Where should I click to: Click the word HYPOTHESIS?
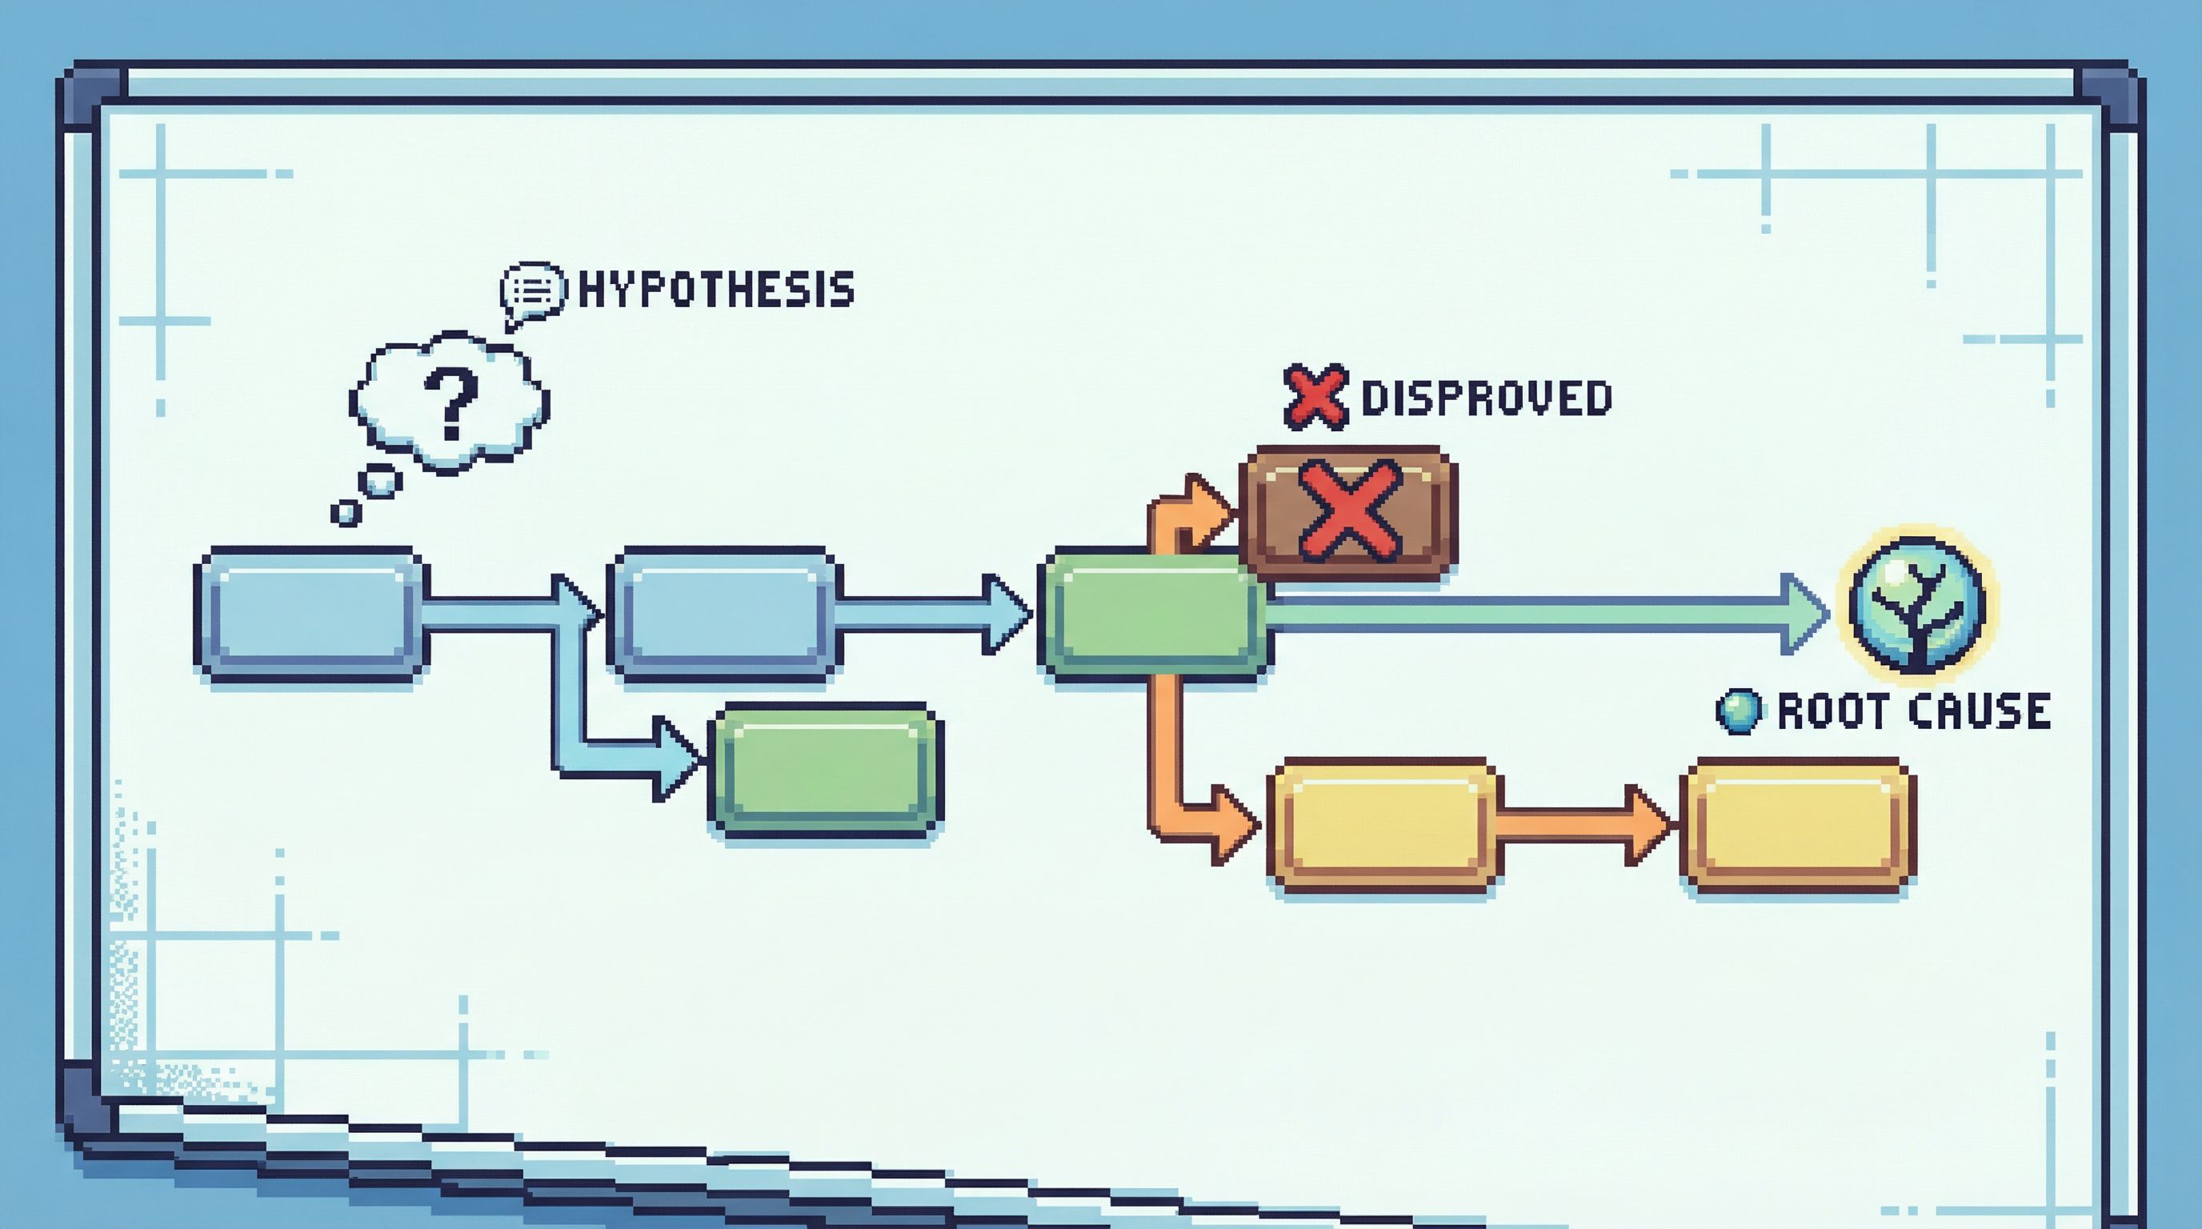pos(716,290)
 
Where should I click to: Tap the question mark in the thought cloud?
pos(450,404)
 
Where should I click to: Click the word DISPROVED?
pos(1486,398)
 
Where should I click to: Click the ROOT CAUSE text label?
pos(1914,711)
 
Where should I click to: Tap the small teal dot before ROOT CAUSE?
pos(1739,711)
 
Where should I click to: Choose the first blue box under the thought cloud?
pos(311,614)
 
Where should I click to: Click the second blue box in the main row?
pos(724,614)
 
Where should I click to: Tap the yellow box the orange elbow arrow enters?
pos(1385,826)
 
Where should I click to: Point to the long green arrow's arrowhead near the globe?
pos(1804,614)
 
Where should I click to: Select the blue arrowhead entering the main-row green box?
pos(1007,614)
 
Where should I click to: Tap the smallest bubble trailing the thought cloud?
pos(346,513)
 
